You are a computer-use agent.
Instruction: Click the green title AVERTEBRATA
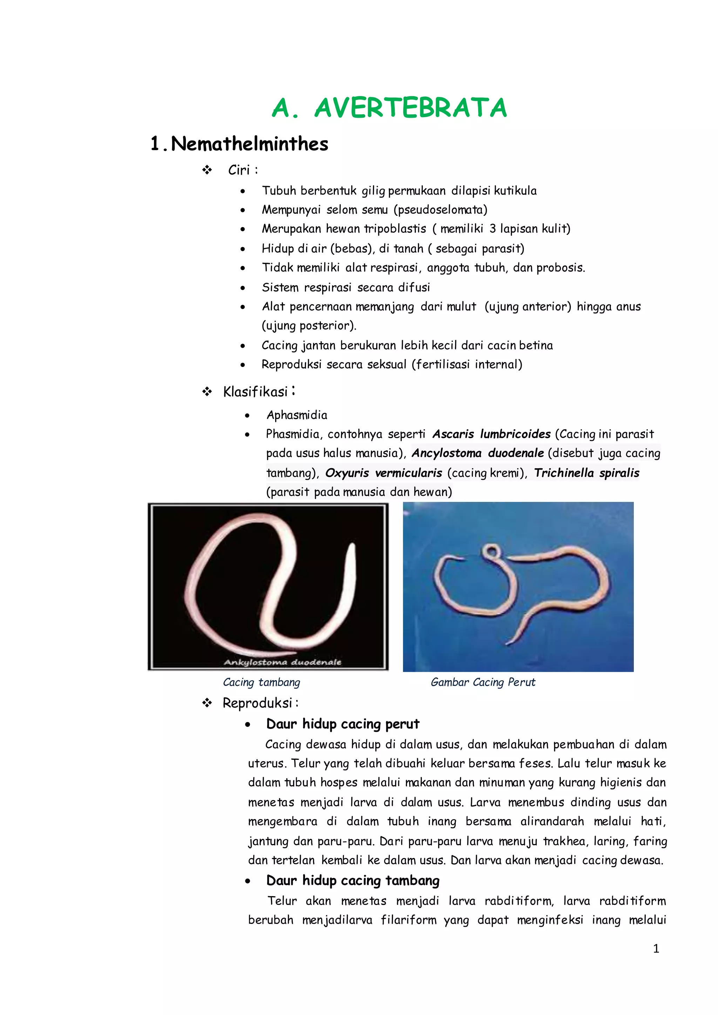[x=410, y=108]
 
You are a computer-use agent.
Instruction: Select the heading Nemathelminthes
[x=249, y=144]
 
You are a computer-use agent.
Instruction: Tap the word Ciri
[x=239, y=170]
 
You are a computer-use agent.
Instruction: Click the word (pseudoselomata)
[x=440, y=210]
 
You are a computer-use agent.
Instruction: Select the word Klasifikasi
[x=255, y=392]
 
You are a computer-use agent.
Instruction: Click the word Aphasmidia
[x=297, y=415]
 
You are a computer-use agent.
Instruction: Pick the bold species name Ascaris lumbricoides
[x=491, y=434]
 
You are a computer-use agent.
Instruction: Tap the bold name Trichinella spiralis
[x=586, y=473]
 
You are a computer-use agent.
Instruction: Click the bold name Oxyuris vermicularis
[x=383, y=473]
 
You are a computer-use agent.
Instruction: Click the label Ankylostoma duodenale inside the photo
[x=282, y=662]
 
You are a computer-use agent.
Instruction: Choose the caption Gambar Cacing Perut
[x=483, y=682]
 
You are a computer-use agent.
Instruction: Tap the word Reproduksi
[x=257, y=703]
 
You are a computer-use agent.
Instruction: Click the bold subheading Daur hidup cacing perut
[x=343, y=724]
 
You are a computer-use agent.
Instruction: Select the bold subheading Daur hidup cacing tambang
[x=353, y=881]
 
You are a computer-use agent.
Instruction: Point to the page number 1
[x=656, y=949]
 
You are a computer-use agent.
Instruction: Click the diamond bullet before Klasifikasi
[x=207, y=392]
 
